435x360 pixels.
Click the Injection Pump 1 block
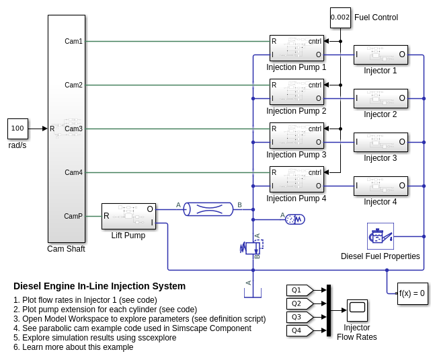click(x=296, y=48)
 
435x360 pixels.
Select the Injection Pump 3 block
click(x=296, y=135)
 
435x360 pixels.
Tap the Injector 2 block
click(x=381, y=98)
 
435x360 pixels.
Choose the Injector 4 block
click(x=381, y=186)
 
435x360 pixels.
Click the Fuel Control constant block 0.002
click(x=340, y=17)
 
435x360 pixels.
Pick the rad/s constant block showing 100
click(x=17, y=129)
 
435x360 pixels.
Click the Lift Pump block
click(x=128, y=216)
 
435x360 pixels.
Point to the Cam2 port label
click(x=73, y=85)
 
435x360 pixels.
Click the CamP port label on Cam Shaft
click(x=73, y=216)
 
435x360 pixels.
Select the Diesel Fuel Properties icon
click(x=381, y=236)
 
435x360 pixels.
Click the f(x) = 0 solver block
click(x=412, y=293)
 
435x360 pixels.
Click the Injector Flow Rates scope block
click(x=357, y=310)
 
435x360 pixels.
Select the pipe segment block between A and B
click(x=208, y=209)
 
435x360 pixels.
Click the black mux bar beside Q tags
click(x=329, y=310)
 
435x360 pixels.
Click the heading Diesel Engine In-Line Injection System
click(x=100, y=286)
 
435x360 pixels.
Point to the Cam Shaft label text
click(x=66, y=249)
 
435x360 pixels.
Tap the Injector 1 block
click(x=381, y=55)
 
